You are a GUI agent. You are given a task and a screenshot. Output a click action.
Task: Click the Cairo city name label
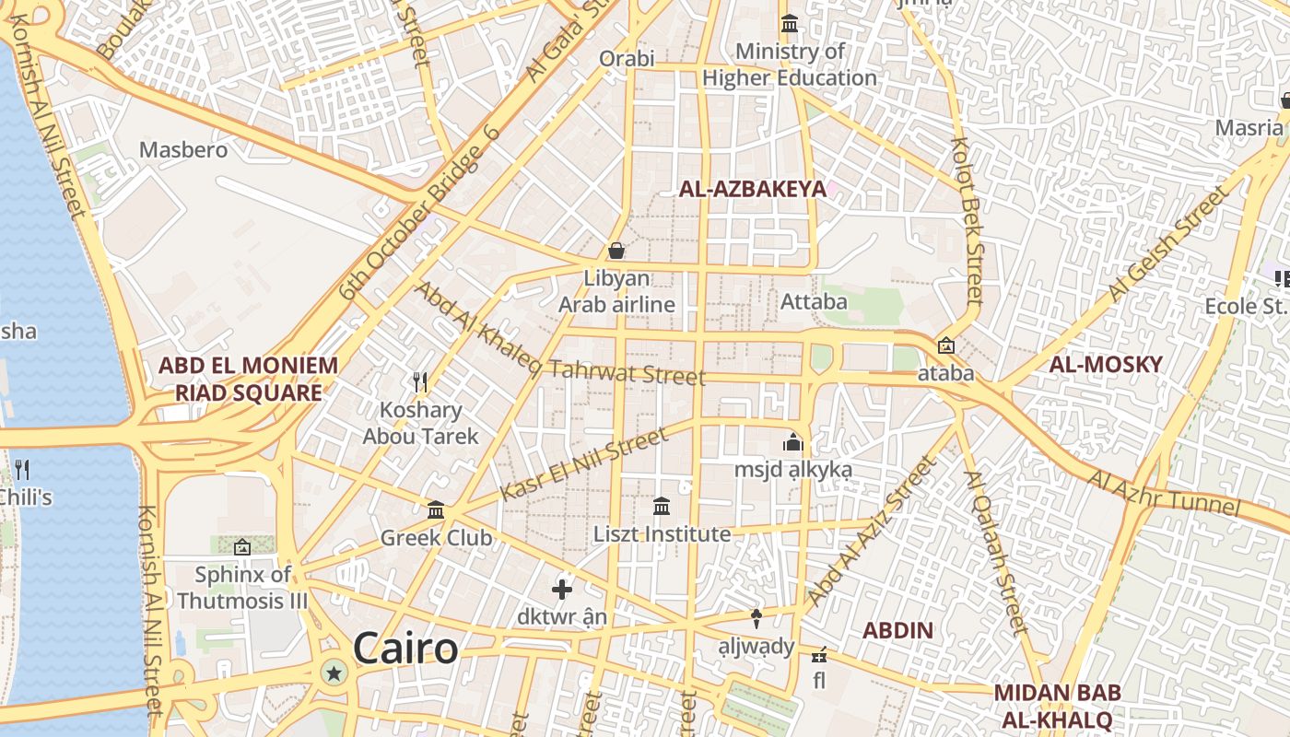[405, 649]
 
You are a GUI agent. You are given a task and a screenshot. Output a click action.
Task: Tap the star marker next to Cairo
[334, 674]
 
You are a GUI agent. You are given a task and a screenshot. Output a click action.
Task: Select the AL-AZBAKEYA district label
[753, 190]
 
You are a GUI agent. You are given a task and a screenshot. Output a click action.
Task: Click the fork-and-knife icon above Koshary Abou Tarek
[420, 381]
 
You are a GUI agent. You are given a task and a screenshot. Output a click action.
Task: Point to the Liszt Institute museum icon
[662, 506]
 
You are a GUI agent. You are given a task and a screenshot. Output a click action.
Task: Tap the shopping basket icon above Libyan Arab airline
[616, 251]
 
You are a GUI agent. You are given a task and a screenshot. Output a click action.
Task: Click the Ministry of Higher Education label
[790, 64]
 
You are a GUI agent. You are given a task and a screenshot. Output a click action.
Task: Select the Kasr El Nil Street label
[583, 464]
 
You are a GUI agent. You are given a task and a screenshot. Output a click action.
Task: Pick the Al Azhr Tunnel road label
[1164, 493]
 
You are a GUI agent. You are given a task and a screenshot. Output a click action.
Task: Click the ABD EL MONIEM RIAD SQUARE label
[248, 379]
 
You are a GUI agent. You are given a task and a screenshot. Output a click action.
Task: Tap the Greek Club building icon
[436, 509]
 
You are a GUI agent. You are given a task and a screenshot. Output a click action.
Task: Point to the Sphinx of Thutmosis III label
[242, 588]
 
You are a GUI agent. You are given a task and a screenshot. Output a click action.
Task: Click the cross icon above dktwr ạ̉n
[562, 589]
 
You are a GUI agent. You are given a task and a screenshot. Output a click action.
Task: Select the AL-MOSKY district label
[1106, 364]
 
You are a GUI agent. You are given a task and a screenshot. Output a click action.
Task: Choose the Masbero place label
[183, 149]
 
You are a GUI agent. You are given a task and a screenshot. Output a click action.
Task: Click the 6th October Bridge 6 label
[419, 214]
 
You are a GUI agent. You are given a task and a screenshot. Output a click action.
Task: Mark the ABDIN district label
[897, 631]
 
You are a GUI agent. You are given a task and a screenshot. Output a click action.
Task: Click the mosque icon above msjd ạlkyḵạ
[792, 442]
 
